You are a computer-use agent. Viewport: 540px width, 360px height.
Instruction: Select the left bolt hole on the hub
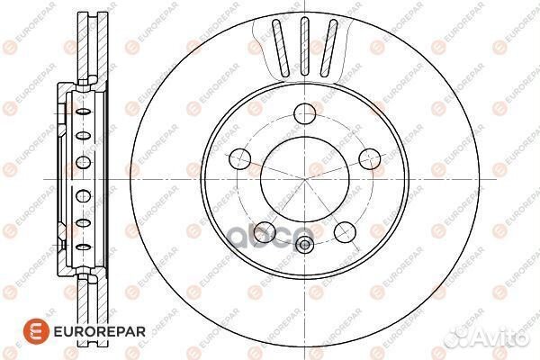pos(238,160)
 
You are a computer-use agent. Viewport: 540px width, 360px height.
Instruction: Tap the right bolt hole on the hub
pos(367,159)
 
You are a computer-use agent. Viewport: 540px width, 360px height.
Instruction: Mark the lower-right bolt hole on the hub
pos(344,233)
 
